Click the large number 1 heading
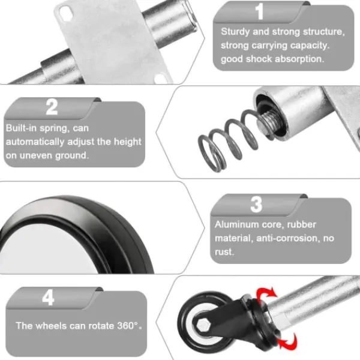[x=259, y=11]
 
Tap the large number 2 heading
[x=52, y=107]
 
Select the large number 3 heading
[x=256, y=205]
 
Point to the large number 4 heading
[x=48, y=298]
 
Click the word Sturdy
[x=235, y=32]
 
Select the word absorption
[x=299, y=59]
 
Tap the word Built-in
[x=21, y=128]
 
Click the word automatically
[x=35, y=142]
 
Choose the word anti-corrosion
[x=288, y=238]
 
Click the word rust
[x=224, y=252]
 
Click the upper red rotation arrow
[x=267, y=295]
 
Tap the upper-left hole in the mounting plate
[x=66, y=11]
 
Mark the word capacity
[x=310, y=46]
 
